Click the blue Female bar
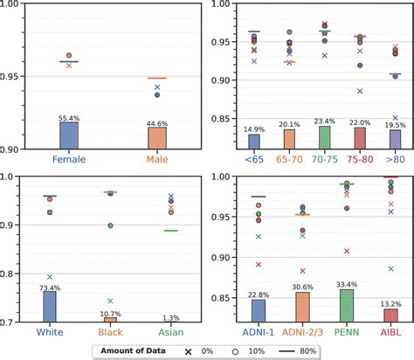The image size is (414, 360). pos(68,135)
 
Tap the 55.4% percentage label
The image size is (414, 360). pos(68,117)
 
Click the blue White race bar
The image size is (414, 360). pos(50,307)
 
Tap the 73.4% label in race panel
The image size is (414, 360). pos(50,287)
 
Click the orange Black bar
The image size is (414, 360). pos(111,320)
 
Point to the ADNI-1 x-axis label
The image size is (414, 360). pos(259,332)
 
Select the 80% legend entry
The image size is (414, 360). pos(304,350)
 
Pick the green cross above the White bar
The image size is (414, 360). pos(50,276)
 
